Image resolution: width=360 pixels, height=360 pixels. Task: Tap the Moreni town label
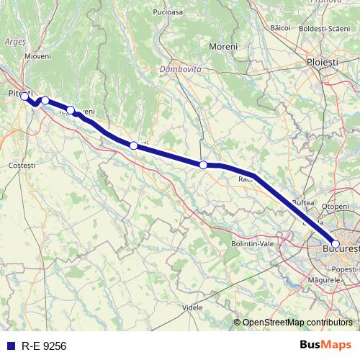pyautogui.click(x=222, y=47)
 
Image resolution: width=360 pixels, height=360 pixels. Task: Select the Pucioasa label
pyautogui.click(x=168, y=13)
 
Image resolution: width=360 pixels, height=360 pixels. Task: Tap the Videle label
pyautogui.click(x=193, y=307)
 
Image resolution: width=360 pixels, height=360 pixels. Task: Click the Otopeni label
pyautogui.click(x=335, y=206)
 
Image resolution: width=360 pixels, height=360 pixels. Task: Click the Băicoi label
pyautogui.click(x=280, y=27)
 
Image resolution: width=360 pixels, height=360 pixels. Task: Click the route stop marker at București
pyautogui.click(x=336, y=244)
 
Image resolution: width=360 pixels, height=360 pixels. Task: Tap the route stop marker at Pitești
pyautogui.click(x=24, y=96)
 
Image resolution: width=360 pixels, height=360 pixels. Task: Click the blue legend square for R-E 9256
pyautogui.click(x=11, y=346)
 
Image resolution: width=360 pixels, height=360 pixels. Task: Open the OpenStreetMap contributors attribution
pyautogui.click(x=297, y=322)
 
